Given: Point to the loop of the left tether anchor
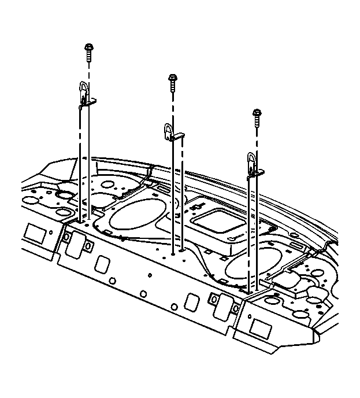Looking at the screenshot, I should click(x=83, y=90).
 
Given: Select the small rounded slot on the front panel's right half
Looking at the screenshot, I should click(x=191, y=303).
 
